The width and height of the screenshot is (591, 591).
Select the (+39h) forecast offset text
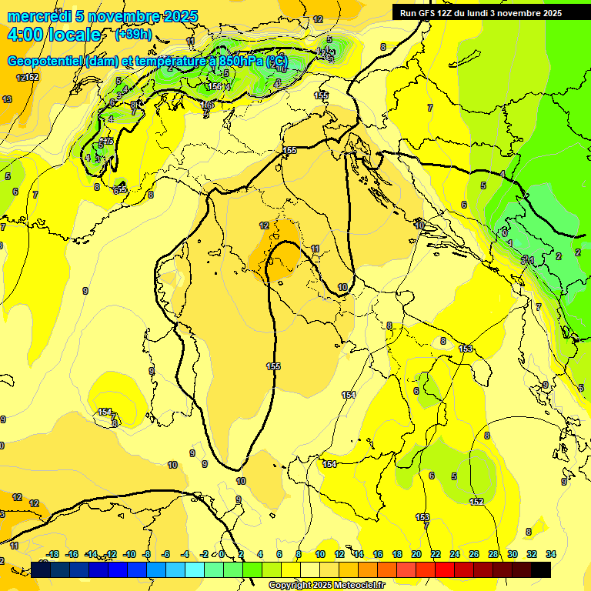[x=133, y=35]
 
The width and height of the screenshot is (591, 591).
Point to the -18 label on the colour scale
[x=52, y=554]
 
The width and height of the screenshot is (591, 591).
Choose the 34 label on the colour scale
[x=551, y=554]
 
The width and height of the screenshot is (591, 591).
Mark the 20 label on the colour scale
[x=416, y=554]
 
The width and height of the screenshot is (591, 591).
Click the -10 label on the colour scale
[x=129, y=554]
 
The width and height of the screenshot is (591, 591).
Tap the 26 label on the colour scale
[x=474, y=554]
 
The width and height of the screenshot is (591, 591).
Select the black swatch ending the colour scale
[x=541, y=569]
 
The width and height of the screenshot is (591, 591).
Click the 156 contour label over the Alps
[x=215, y=87]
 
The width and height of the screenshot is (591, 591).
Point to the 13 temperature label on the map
[x=7, y=99]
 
